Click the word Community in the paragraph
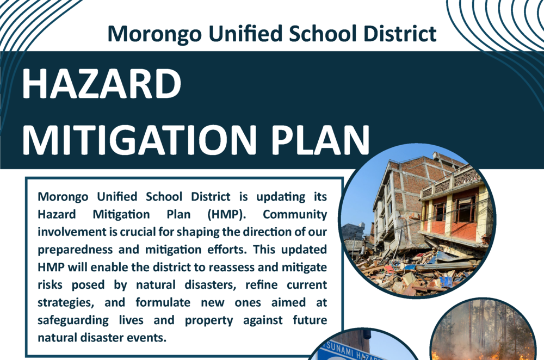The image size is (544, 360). (294, 214)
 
